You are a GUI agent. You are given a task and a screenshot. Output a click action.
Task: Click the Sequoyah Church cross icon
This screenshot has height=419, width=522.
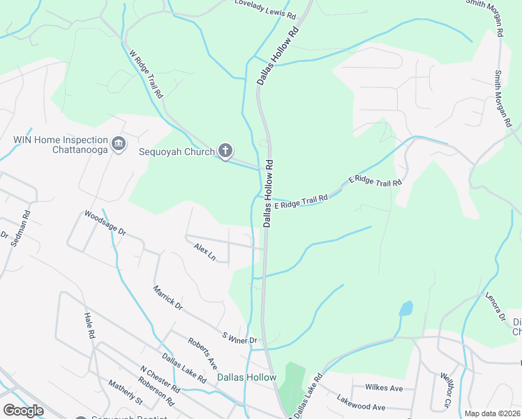(x=225, y=150)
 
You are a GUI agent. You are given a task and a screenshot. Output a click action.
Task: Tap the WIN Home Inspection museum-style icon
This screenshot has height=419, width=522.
(x=118, y=144)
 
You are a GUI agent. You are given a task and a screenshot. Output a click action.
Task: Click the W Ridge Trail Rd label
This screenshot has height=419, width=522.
(x=147, y=73)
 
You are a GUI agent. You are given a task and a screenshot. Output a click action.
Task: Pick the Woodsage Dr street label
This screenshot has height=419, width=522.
(x=105, y=223)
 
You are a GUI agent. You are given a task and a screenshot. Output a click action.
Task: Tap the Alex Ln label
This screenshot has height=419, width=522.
(x=205, y=252)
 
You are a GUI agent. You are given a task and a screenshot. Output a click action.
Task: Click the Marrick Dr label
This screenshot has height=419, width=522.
(x=167, y=297)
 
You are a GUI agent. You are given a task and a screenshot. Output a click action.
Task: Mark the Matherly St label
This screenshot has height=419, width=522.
(x=125, y=392)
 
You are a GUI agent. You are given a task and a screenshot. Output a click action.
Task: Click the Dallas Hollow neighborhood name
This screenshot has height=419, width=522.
(x=246, y=377)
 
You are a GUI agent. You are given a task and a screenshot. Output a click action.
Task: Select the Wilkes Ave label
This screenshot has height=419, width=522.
(x=384, y=388)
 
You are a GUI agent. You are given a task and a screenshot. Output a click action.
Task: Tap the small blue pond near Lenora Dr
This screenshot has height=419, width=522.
(x=405, y=309)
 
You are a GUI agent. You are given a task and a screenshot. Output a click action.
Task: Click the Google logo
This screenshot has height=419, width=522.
(x=23, y=410)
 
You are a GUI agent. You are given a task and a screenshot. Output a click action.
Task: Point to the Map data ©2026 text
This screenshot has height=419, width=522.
(x=492, y=413)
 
